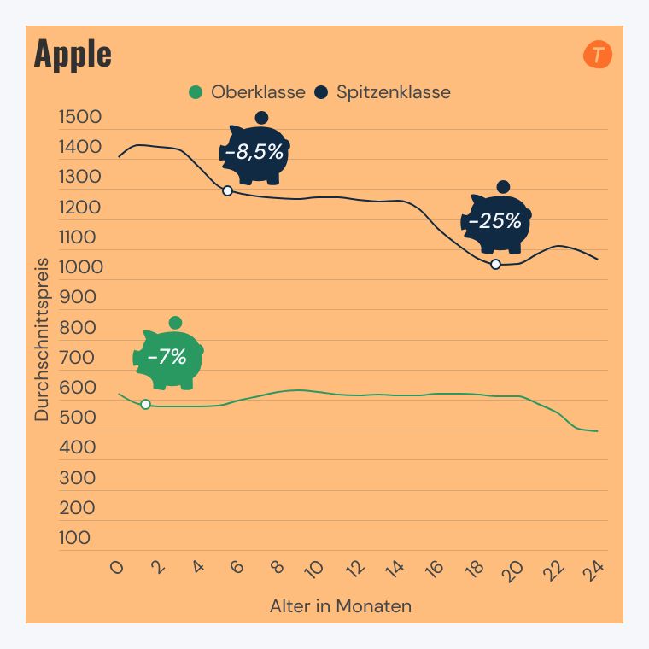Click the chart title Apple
click(73, 54)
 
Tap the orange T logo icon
click(598, 56)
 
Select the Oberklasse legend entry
click(247, 92)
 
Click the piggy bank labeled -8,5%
click(255, 154)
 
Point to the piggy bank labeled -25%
click(497, 222)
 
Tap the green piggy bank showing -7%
click(168, 358)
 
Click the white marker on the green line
click(145, 404)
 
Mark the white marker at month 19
click(495, 264)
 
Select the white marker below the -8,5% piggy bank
click(227, 190)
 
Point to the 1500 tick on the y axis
click(80, 118)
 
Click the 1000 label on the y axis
click(80, 267)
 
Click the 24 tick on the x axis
click(594, 571)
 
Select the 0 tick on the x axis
click(118, 570)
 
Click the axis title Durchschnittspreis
click(42, 339)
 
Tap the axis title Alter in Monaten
click(341, 606)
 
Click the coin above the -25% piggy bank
click(503, 187)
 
